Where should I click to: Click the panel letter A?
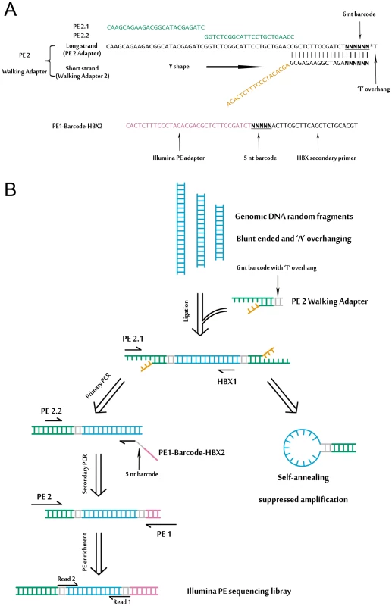tap(11, 8)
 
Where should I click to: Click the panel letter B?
tap(10, 189)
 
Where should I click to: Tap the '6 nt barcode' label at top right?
tap(359, 14)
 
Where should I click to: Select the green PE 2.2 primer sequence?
tap(249, 36)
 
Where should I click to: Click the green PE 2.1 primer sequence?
tap(155, 27)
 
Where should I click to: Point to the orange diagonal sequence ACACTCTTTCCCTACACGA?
tap(258, 84)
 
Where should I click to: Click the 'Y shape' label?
tap(179, 67)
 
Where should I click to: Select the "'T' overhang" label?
tap(373, 89)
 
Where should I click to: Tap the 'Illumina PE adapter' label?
tap(178, 158)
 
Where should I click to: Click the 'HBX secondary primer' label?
tap(326, 158)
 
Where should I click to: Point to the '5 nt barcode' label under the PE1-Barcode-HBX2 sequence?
tap(260, 158)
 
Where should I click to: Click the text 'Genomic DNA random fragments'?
tap(293, 217)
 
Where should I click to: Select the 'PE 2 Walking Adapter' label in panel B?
tap(329, 301)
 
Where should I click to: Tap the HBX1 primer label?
tap(227, 382)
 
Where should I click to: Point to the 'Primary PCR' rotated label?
tap(98, 386)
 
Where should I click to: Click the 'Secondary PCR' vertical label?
tap(85, 474)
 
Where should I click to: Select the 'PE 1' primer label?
tap(164, 534)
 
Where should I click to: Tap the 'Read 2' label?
tap(66, 579)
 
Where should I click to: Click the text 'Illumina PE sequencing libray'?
tap(239, 592)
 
